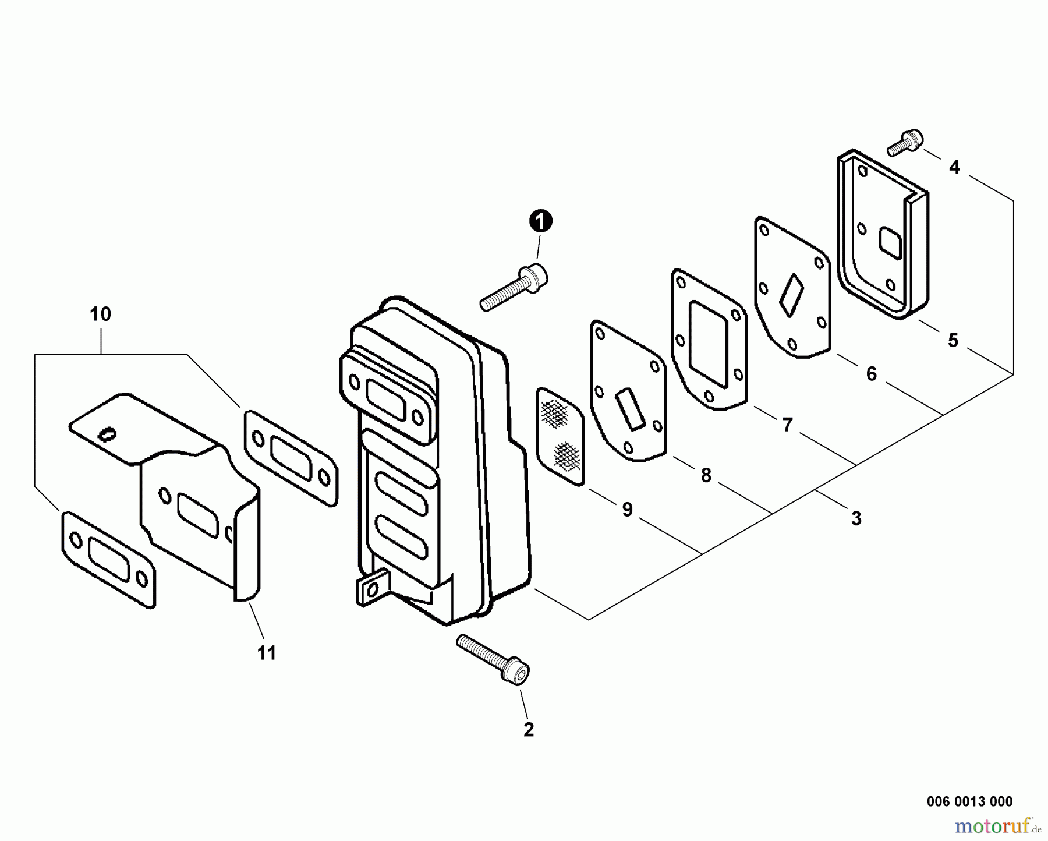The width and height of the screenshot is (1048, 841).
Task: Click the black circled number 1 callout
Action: (x=540, y=222)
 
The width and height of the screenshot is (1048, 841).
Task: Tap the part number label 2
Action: (x=528, y=729)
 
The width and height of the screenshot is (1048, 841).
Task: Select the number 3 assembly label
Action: (x=856, y=518)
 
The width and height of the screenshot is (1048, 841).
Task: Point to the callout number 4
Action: (x=954, y=167)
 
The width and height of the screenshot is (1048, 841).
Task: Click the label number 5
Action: (x=953, y=340)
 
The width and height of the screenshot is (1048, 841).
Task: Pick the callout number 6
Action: (x=871, y=374)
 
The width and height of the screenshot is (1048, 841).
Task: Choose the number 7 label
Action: (x=787, y=425)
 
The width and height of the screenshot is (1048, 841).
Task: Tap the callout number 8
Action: (x=706, y=476)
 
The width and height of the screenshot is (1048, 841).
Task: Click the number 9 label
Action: (x=626, y=510)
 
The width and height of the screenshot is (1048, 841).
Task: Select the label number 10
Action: (x=100, y=315)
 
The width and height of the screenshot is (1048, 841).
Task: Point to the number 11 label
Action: (x=267, y=653)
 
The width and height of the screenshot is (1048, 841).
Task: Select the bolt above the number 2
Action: (x=494, y=658)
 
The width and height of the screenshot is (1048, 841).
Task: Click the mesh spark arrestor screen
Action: (x=560, y=435)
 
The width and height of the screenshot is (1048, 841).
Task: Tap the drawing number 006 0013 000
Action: (x=969, y=801)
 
